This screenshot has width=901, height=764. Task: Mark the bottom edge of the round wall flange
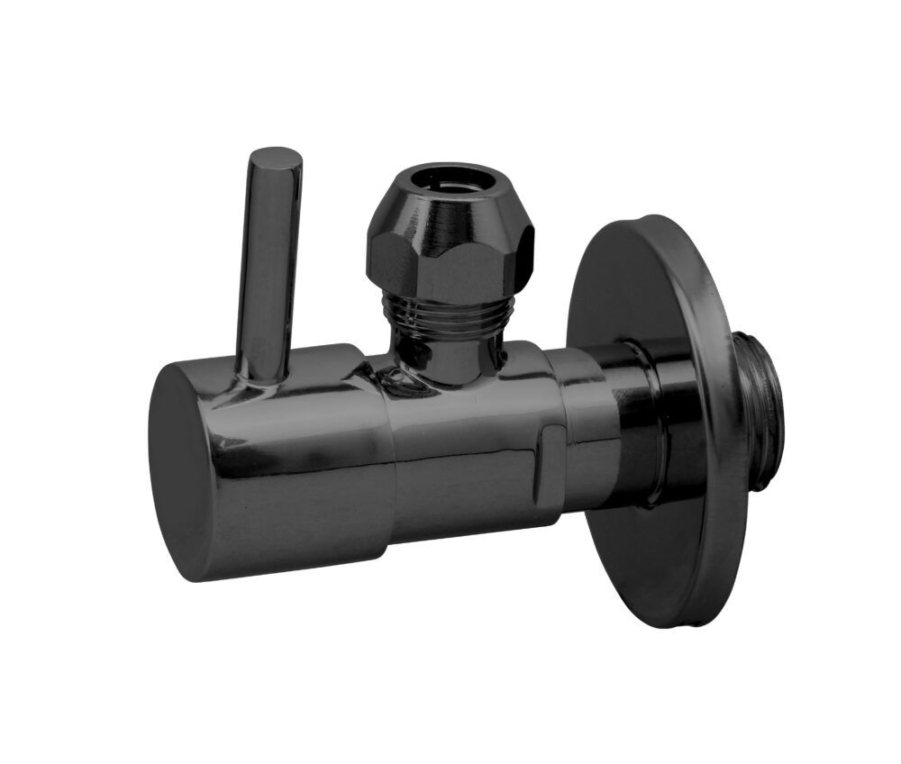click(x=667, y=622)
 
